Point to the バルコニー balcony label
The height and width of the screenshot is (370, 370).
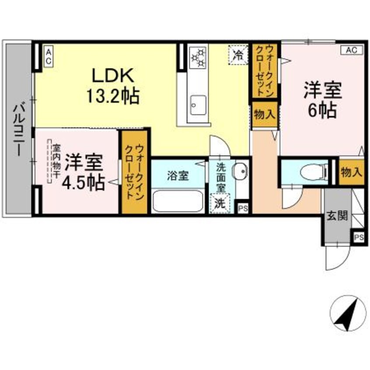point(18,129)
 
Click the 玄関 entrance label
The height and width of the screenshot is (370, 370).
point(337,215)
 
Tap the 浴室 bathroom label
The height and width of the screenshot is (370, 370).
point(178,175)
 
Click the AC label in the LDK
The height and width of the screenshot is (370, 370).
point(49,57)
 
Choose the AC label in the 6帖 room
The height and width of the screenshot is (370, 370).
point(351,50)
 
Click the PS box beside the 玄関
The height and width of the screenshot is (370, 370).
point(359,237)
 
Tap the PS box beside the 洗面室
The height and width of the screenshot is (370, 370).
point(243,208)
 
